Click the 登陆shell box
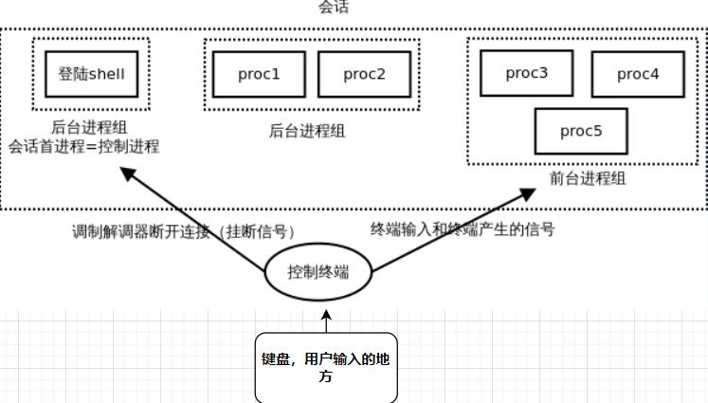pyautogui.click(x=92, y=73)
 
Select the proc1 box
pyautogui.click(x=257, y=74)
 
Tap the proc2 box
pyautogui.click(x=364, y=74)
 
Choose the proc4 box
pyautogui.click(x=638, y=74)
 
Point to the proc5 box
pyautogui.click(x=581, y=131)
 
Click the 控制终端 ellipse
pyautogui.click(x=318, y=272)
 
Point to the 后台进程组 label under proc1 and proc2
pyautogui.click(x=307, y=132)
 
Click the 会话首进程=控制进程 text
pyautogui.click(x=84, y=147)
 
